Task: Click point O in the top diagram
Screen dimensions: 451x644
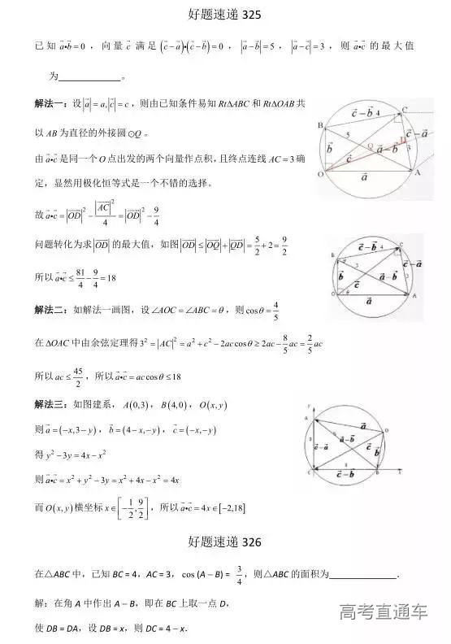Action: [319, 174]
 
